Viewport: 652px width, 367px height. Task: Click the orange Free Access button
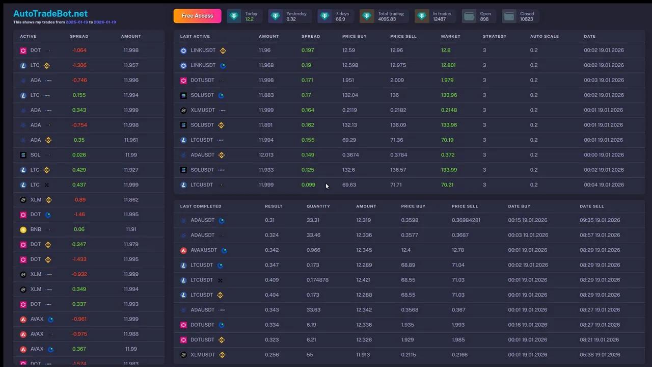[x=197, y=16]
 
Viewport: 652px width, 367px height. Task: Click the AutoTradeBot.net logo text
[x=50, y=14]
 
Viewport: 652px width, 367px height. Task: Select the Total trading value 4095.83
[x=387, y=19]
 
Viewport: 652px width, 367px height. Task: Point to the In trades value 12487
[x=439, y=19]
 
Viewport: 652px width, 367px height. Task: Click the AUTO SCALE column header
[x=544, y=37]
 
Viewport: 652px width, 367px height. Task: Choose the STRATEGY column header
[x=494, y=37]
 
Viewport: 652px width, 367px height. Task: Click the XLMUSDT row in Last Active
[x=203, y=110]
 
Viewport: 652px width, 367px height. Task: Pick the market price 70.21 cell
[x=447, y=185]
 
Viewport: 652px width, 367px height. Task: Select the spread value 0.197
[x=307, y=50]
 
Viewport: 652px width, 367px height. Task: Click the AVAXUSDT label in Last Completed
[x=203, y=250]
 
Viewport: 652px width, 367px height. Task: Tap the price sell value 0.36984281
[x=466, y=220]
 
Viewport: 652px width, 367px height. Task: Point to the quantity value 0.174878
[x=317, y=280]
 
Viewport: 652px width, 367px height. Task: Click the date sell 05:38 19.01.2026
[x=600, y=355]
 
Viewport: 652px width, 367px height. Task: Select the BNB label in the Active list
[x=36, y=229]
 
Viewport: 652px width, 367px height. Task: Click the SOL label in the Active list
[x=35, y=155]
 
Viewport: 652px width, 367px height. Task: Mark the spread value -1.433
[x=79, y=259]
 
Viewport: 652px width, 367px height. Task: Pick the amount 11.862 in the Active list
[x=131, y=200]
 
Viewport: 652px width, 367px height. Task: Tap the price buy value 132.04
[x=350, y=95]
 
